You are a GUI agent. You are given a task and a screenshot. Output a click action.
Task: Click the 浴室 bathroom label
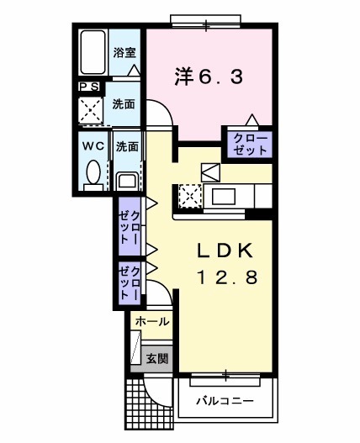(126, 52)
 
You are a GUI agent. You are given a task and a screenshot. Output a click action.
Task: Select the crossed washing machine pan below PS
(90, 109)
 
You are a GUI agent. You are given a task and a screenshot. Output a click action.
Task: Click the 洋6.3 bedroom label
(209, 77)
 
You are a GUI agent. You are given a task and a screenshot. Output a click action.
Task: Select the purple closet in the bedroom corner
(248, 144)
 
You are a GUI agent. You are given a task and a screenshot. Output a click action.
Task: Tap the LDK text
(225, 251)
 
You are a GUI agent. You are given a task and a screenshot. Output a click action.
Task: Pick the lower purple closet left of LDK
(130, 283)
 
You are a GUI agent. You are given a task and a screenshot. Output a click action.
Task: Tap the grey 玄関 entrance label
(157, 358)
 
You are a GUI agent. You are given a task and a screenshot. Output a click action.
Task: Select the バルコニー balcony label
(225, 400)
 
